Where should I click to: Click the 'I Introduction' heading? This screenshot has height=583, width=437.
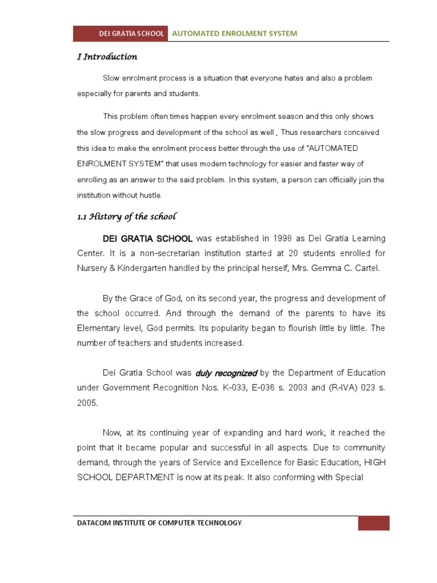pos(107,57)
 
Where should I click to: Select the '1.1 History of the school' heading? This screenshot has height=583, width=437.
pos(127,216)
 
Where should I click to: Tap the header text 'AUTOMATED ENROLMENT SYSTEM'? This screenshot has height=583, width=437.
pos(234,34)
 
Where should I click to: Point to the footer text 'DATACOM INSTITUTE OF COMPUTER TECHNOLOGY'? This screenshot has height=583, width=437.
pos(159,523)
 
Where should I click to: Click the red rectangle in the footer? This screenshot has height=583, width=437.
pos(373,523)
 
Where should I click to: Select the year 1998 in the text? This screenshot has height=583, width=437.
pos(268,238)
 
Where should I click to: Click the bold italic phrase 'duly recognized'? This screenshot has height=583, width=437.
pos(226,373)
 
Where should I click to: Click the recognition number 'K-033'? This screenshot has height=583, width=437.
pos(225,388)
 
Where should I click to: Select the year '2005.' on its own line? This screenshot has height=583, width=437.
pos(88,403)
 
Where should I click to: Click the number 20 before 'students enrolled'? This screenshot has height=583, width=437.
pos(279,253)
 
